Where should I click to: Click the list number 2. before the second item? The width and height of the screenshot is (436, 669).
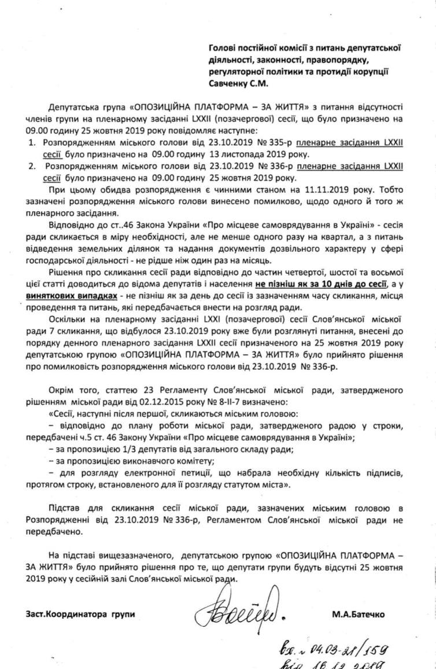[x=32, y=166]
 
